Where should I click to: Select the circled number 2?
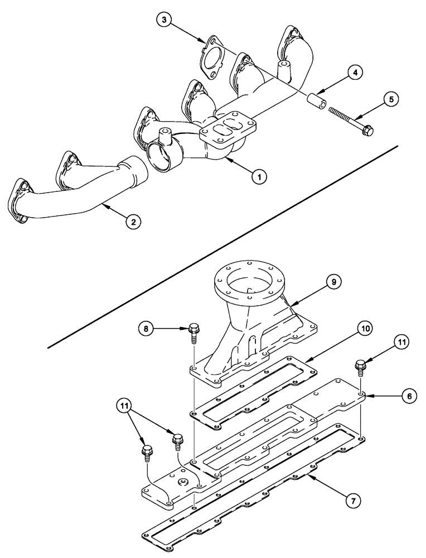[133, 222]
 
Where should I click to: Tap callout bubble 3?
[163, 21]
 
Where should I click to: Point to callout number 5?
[391, 99]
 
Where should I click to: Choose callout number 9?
[333, 283]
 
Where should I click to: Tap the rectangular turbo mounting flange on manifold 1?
[229, 129]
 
